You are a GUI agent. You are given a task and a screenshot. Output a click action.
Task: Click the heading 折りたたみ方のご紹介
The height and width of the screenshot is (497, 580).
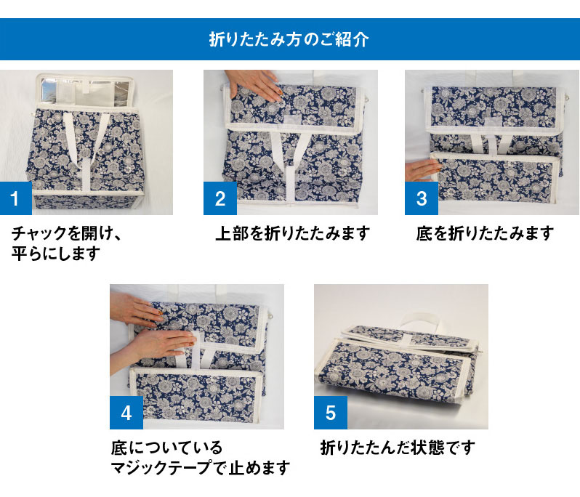289,39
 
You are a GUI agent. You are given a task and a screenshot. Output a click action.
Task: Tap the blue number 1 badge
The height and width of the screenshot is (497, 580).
17,198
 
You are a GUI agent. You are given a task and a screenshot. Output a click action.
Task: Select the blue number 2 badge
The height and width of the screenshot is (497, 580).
220,198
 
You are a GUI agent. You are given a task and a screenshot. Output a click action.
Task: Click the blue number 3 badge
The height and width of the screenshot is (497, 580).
421,198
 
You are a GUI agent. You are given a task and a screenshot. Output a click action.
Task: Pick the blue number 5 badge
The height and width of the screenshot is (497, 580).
330,413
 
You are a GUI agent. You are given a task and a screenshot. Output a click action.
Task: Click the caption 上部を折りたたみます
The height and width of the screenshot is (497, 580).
293,233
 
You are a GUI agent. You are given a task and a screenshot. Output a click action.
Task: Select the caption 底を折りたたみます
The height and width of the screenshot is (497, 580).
485,233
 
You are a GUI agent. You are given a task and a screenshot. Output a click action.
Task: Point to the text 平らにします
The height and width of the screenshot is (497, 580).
55,254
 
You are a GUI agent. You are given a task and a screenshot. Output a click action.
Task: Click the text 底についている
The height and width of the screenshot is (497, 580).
166,447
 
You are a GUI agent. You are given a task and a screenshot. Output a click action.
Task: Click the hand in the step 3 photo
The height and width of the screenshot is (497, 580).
422,171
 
